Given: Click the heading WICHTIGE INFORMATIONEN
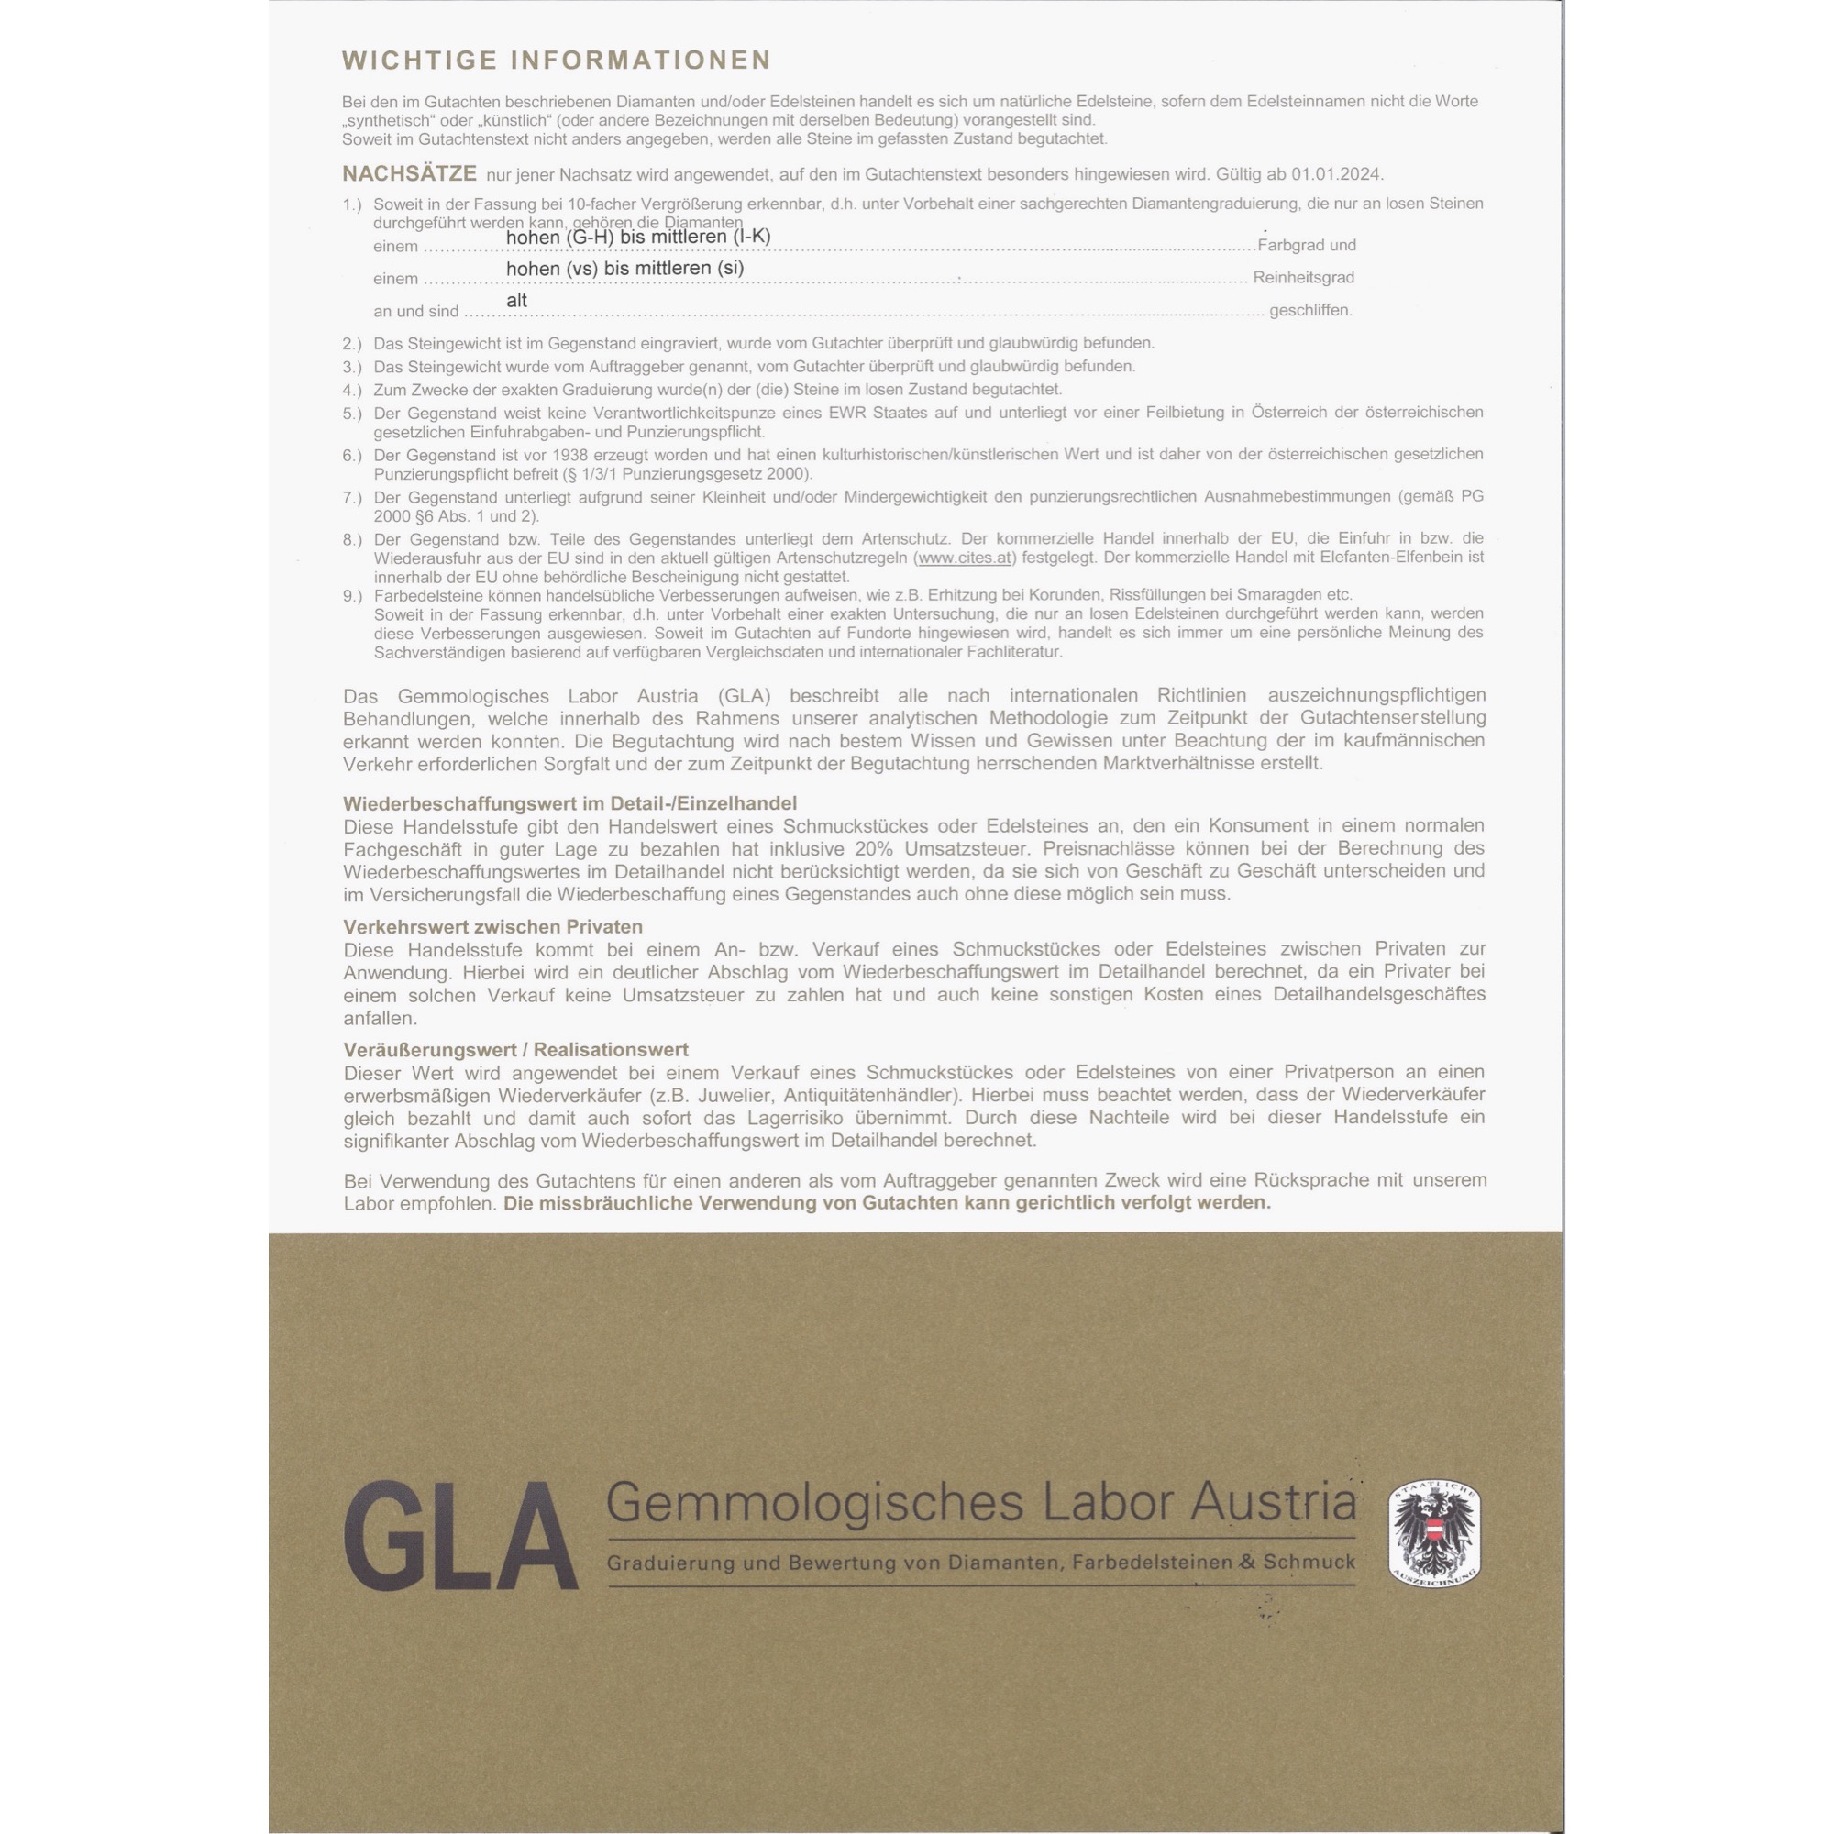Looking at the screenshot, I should coord(557,60).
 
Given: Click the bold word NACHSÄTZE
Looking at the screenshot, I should coord(409,173).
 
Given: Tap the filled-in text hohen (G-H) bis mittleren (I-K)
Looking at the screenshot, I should coord(638,236).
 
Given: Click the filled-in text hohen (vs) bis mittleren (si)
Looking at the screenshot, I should coord(624,268).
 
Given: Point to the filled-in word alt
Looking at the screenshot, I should coord(516,300).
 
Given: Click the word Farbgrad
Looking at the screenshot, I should coord(1290,245).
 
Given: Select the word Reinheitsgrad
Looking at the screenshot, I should coord(1303,277).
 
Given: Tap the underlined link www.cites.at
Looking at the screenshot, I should coord(965,558).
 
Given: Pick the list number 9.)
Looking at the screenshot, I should coord(352,595).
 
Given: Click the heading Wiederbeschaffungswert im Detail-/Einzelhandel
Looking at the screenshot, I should coord(569,803).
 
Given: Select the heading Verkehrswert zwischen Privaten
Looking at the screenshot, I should coord(492,926).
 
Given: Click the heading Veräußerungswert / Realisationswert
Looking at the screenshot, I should coord(515,1050).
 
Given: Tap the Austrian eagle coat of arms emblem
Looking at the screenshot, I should coord(1433,1533).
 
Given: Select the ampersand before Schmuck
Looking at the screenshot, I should coord(1247,1563).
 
